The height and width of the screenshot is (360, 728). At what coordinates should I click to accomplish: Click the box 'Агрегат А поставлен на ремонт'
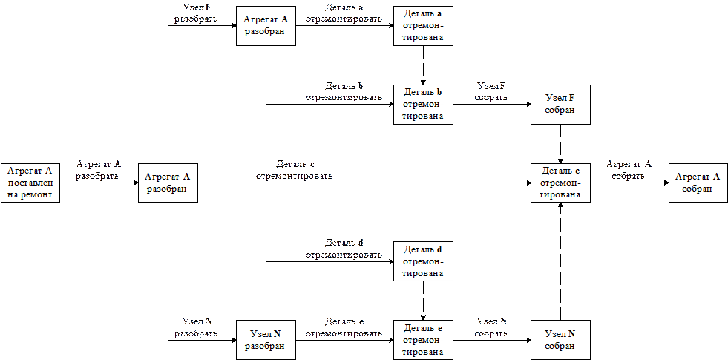tap(30, 183)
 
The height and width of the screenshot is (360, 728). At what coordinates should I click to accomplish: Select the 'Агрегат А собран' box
tap(698, 183)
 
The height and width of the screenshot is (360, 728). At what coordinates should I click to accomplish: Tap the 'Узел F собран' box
tap(561, 104)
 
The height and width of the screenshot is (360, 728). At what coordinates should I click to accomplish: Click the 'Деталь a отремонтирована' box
tap(423, 26)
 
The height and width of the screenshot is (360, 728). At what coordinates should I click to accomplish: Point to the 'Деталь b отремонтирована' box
tap(423, 104)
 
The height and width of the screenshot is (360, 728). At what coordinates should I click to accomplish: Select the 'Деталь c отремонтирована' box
tap(561, 183)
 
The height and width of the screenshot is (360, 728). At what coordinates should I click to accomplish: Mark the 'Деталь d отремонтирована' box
tap(423, 261)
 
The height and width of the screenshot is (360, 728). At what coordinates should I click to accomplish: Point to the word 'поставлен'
tap(30, 183)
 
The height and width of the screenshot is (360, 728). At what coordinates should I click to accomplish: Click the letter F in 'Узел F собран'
tap(571, 98)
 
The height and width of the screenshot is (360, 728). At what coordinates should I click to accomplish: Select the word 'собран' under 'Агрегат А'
tap(698, 189)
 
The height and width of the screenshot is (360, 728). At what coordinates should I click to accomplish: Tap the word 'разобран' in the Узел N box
tap(266, 346)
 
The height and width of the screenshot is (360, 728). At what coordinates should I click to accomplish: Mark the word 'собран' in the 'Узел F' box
tap(561, 110)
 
